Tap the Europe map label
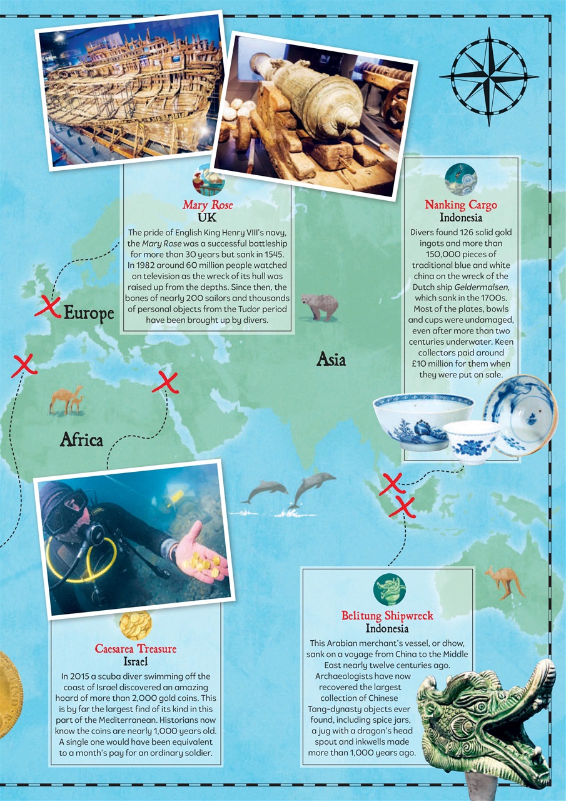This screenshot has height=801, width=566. (x=89, y=312)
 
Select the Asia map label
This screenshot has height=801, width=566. (x=331, y=359)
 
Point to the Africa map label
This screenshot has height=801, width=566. (x=81, y=440)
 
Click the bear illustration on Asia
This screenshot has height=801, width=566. (x=320, y=307)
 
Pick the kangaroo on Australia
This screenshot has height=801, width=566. (x=504, y=581)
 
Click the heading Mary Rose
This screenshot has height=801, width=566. (x=208, y=205)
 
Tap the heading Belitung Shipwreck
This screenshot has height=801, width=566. (x=387, y=616)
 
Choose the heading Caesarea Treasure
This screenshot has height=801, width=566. (x=136, y=649)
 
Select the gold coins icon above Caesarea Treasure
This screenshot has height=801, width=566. (x=136, y=624)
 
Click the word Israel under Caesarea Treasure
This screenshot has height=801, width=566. (x=136, y=661)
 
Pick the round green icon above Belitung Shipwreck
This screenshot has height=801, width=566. (x=389, y=589)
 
